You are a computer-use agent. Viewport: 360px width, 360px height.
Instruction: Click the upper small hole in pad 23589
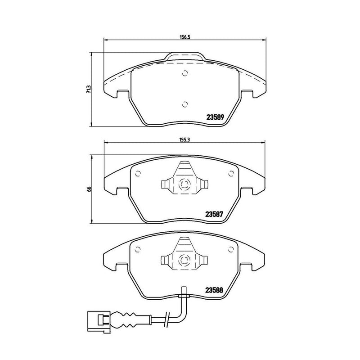pos(184,75)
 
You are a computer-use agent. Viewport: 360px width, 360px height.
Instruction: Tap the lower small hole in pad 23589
pos(184,104)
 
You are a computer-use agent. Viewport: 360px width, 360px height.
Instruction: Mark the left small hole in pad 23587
pos(138,172)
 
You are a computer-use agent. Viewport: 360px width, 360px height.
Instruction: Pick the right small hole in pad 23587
pos(231,172)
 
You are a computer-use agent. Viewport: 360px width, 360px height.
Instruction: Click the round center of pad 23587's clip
pos(184,184)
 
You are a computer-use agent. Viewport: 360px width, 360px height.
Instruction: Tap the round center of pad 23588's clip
pos(184,260)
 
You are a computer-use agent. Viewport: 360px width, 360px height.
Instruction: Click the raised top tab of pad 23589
pos(184,57)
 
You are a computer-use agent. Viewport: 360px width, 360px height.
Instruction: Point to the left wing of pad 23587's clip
pos(165,184)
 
